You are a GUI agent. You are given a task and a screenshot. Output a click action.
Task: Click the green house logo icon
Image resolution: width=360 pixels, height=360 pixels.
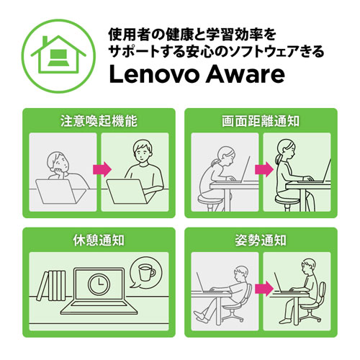click(x=58, y=55)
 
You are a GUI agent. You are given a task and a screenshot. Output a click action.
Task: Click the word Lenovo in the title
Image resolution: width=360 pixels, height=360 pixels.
click(x=153, y=74)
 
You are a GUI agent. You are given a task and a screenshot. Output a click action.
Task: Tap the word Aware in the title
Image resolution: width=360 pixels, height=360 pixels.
click(x=246, y=74)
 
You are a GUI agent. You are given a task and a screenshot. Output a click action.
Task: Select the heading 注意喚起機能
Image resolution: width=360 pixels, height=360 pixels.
click(x=99, y=121)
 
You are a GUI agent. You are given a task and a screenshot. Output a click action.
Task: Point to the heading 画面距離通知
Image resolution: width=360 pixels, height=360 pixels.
click(x=261, y=121)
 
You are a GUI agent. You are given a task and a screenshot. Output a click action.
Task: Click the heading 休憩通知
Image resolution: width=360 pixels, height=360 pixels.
click(x=99, y=240)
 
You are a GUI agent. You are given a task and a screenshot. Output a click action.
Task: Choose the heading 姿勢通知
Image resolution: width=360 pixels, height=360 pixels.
click(x=261, y=240)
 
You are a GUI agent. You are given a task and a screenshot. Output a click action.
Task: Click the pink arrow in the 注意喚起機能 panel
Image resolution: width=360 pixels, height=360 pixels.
click(x=102, y=169)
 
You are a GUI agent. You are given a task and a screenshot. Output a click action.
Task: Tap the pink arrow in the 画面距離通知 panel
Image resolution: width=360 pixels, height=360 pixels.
click(x=264, y=169)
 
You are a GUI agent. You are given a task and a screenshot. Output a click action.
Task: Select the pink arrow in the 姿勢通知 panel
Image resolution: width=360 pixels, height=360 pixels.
click(x=264, y=289)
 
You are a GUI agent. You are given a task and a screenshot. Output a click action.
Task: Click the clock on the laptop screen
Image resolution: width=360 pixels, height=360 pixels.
click(x=99, y=284)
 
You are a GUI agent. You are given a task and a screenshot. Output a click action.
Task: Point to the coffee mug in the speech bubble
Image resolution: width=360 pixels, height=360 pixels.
click(x=146, y=272)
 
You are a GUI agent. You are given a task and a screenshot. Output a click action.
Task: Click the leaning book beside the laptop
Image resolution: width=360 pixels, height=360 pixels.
click(x=42, y=286)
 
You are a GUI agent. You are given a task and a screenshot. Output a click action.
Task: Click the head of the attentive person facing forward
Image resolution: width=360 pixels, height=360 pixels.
click(x=142, y=152)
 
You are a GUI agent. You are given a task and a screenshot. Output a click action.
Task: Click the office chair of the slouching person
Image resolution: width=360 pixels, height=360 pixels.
click(x=236, y=304)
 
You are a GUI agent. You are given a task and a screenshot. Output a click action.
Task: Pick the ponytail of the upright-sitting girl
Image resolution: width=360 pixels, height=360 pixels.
click(x=279, y=159)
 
